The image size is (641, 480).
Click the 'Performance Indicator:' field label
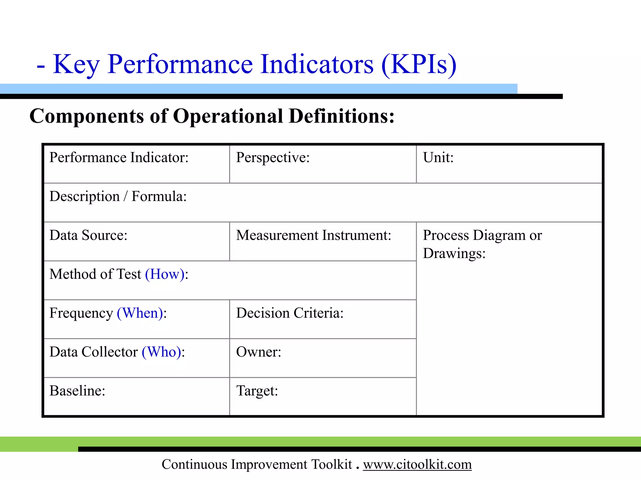[119, 157]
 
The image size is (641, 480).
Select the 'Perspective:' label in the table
[273, 157]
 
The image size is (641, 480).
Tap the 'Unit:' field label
[438, 157]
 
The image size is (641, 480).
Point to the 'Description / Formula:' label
[118, 197]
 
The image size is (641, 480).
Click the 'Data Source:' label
[88, 235]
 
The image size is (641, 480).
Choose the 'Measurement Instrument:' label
[314, 235]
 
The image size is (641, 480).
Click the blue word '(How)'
[165, 274]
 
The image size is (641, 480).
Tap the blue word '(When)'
[140, 313]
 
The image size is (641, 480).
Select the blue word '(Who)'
[162, 352]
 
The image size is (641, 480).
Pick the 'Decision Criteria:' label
[290, 313]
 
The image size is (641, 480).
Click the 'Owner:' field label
[259, 352]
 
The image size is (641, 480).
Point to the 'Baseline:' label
[77, 391]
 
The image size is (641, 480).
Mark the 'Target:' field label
[257, 391]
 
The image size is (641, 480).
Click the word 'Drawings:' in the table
[454, 253]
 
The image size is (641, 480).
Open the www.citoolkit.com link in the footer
[417, 464]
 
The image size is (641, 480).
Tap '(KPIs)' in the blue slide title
[419, 64]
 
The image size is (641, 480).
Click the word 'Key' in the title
[76, 64]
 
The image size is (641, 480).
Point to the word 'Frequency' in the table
[81, 313]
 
